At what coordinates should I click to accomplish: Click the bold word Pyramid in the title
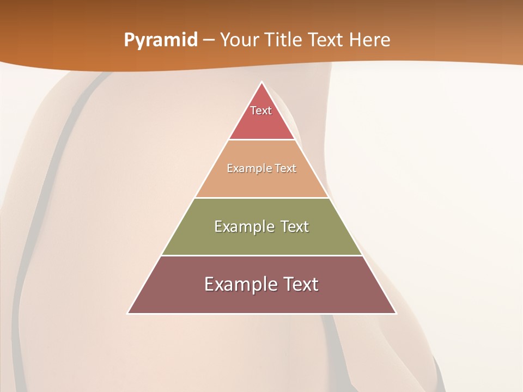coord(160,40)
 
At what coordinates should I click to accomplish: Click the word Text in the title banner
coord(326,40)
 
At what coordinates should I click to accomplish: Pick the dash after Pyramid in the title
coord(208,40)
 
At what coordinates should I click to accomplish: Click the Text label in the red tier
coord(261,111)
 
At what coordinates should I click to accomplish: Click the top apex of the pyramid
coord(261,82)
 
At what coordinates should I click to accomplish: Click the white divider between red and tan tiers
coord(261,140)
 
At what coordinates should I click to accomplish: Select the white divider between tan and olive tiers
coord(261,198)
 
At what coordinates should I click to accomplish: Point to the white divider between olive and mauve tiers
coord(261,255)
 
